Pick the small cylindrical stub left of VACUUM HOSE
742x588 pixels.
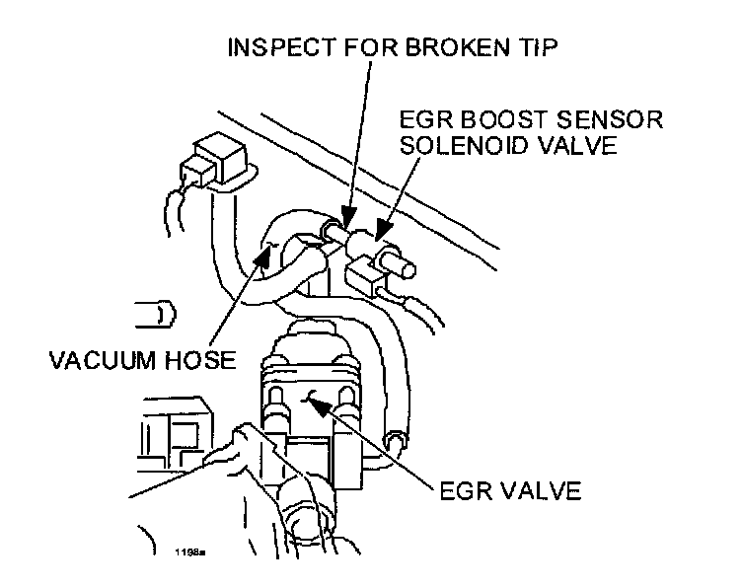coord(159,314)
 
